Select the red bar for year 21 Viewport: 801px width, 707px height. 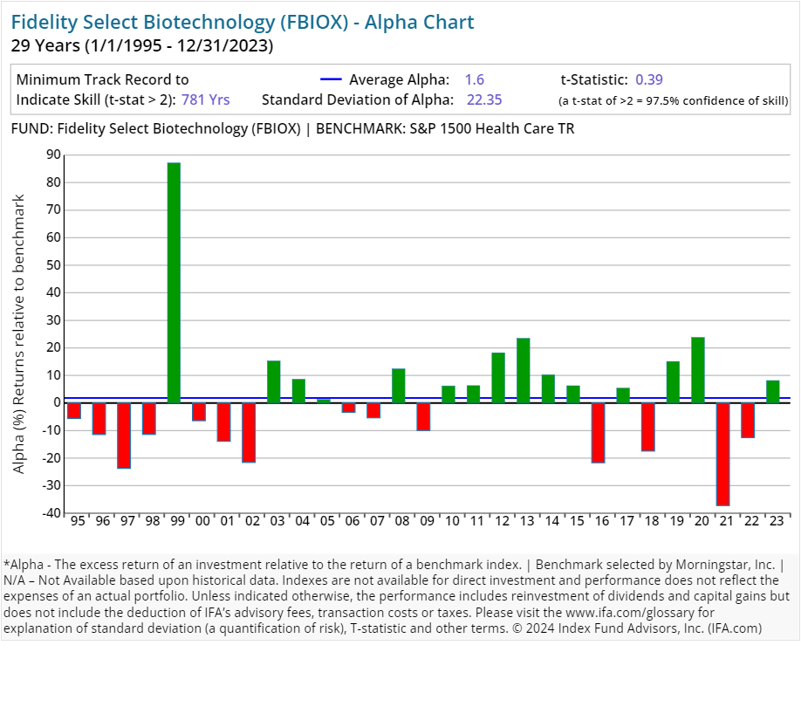click(x=722, y=454)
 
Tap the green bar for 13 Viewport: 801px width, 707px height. click(x=524, y=370)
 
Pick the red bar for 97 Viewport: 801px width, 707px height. click(x=124, y=436)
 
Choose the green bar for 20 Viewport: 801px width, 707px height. click(x=698, y=370)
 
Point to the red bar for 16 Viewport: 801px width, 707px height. click(x=598, y=432)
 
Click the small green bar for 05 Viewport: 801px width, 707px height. click(x=324, y=401)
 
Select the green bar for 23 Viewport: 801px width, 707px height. click(x=773, y=392)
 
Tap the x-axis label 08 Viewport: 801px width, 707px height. click(x=399, y=521)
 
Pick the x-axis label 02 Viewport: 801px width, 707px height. click(x=249, y=521)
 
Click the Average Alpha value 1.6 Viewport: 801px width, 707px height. click(x=475, y=79)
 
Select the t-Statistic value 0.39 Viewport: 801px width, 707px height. click(x=649, y=79)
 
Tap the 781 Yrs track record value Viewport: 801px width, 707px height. click(x=206, y=100)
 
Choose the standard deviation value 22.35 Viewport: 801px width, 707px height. click(x=484, y=100)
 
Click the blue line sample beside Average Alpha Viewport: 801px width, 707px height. click(x=332, y=79)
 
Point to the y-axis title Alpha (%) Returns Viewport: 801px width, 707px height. click(x=19, y=333)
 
